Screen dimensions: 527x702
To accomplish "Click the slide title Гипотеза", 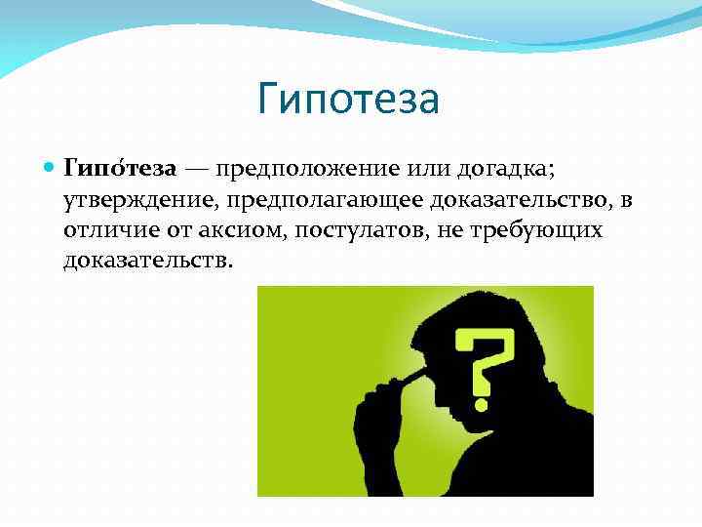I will [x=350, y=100].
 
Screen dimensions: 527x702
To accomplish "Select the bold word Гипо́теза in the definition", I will [x=120, y=169].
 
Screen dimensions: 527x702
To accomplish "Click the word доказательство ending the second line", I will [x=519, y=200].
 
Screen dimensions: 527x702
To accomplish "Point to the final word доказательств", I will [x=147, y=262].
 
